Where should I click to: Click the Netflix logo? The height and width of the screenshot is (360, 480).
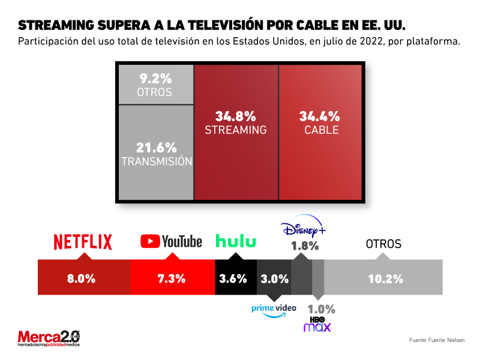(83, 241)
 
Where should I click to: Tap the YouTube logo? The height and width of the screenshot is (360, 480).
(171, 241)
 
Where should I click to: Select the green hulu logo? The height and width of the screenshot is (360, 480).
(236, 241)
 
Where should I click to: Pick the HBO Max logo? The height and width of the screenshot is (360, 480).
(317, 324)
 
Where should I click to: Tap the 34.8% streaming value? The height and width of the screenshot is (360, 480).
(235, 116)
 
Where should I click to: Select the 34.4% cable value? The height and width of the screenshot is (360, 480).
(320, 116)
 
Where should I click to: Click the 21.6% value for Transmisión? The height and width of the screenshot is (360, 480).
(156, 147)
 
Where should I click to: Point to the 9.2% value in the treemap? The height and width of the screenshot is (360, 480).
(155, 78)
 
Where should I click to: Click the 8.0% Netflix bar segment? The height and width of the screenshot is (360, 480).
(83, 278)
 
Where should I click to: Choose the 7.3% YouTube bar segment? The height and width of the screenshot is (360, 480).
(172, 278)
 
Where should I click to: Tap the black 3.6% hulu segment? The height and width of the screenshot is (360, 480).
(236, 278)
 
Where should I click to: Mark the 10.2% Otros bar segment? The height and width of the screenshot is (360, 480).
(383, 278)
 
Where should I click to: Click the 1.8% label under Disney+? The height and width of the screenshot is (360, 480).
(305, 245)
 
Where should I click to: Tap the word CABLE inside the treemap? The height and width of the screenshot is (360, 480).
(321, 130)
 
